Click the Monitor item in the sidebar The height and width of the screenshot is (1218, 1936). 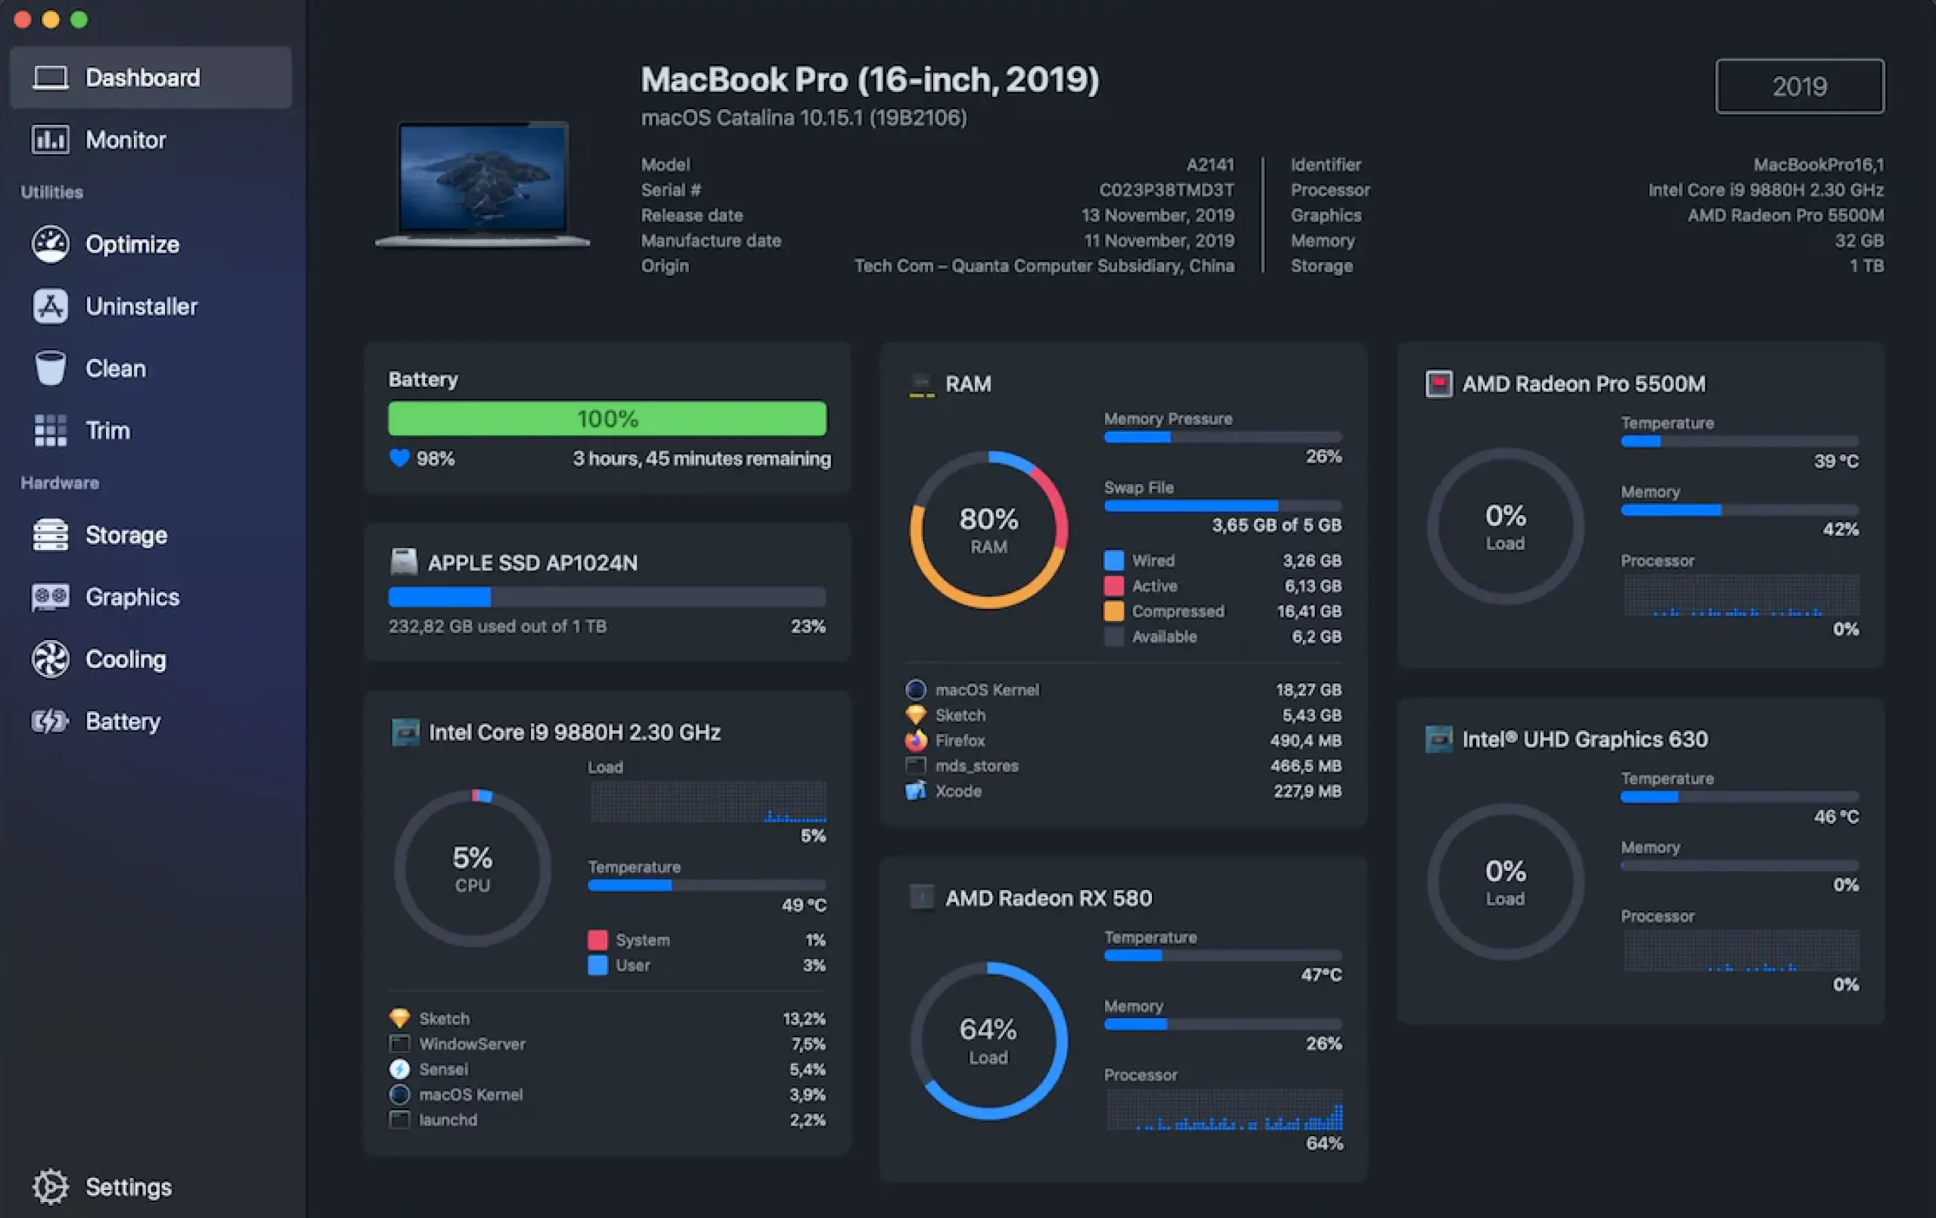tap(125, 140)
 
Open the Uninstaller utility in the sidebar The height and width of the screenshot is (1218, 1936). tap(141, 306)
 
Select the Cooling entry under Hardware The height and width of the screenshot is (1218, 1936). tap(126, 659)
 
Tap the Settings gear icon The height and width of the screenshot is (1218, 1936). tap(51, 1187)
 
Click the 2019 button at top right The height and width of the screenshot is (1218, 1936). tap(1799, 86)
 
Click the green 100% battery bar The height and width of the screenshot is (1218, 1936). tap(607, 418)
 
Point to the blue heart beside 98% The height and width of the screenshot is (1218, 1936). tap(399, 458)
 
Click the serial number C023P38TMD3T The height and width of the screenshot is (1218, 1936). tap(1166, 190)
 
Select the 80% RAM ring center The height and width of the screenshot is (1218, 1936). tap(988, 530)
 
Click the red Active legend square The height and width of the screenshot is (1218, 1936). tap(1113, 586)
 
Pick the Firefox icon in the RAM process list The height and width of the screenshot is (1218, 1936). tap(916, 740)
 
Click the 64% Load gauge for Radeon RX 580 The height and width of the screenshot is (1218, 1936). tap(988, 1040)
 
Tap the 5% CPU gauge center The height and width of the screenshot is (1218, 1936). tap(472, 868)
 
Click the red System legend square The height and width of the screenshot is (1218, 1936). tap(597, 940)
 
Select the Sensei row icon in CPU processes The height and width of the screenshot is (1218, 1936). tap(399, 1069)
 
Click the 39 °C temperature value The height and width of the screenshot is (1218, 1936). tap(1835, 461)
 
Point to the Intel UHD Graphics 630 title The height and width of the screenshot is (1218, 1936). tap(1584, 739)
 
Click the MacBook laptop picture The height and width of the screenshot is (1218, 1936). tap(483, 183)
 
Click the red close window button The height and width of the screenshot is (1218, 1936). tap(23, 20)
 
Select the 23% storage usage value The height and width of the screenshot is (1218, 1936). tap(807, 626)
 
